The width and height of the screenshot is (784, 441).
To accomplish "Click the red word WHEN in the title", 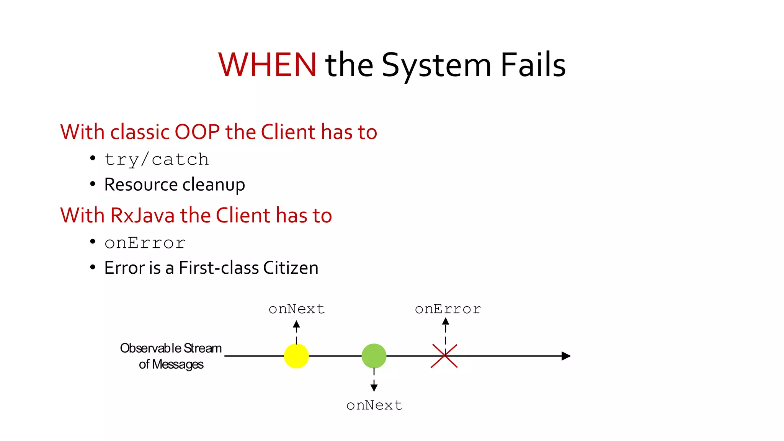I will pos(267,65).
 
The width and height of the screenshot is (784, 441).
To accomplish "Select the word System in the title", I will pos(436,66).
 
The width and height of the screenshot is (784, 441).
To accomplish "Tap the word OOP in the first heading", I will pos(197,132).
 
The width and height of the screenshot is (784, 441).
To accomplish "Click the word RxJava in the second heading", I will pos(142,215).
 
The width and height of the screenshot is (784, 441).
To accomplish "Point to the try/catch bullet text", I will pos(157,160).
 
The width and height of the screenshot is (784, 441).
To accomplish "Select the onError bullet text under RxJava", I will pos(145,243).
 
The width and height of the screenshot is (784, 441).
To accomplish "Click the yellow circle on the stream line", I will pos(296,356).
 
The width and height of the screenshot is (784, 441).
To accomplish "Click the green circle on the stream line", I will pos(374,356).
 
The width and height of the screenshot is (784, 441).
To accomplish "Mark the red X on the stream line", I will pos(444,356).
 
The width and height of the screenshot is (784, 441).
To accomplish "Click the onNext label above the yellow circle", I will pos(297,309).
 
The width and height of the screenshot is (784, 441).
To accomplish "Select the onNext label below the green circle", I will pos(374,405).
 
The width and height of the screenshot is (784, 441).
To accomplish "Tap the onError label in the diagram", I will pos(448,309).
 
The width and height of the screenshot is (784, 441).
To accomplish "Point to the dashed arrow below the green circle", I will pos(374,380).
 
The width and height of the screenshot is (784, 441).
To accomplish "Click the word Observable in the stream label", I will pos(150,348).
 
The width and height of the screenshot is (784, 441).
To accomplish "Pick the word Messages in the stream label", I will pos(178,364).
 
